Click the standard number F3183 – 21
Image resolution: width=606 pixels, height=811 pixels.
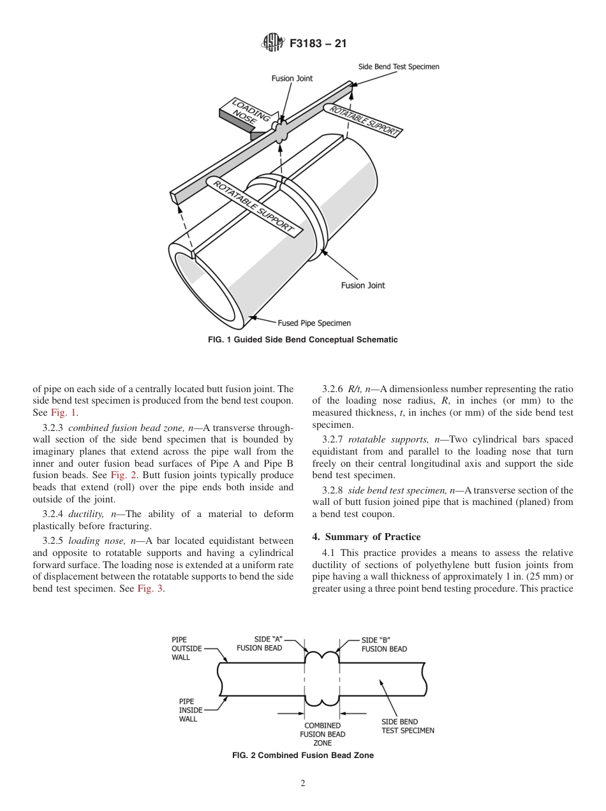click(x=317, y=44)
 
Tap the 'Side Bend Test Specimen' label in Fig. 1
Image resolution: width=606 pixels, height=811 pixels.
click(x=399, y=66)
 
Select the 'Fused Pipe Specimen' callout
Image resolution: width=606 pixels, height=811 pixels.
click(x=314, y=323)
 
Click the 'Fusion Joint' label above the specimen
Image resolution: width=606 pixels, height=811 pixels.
click(x=292, y=78)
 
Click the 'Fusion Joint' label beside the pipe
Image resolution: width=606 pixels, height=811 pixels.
click(x=363, y=285)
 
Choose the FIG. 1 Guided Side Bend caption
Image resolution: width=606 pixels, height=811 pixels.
click(x=303, y=340)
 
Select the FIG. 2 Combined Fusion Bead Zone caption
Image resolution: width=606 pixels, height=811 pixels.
click(x=303, y=756)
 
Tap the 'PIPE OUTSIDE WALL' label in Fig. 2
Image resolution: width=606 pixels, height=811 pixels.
click(x=186, y=648)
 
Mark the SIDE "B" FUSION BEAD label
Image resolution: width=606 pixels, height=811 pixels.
click(x=384, y=644)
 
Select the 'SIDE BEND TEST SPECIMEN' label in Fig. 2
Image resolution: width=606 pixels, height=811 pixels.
click(x=408, y=726)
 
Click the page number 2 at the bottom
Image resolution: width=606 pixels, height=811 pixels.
click(x=303, y=784)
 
